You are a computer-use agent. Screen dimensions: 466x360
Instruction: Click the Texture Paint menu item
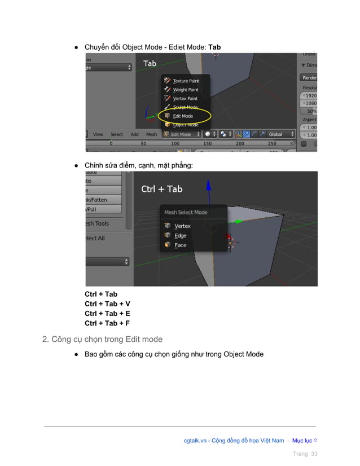coord(185,81)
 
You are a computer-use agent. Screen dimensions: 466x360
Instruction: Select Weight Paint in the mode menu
coord(185,90)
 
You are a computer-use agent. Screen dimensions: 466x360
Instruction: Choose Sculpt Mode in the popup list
coord(185,107)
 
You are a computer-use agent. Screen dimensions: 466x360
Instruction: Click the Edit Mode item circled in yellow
coord(182,116)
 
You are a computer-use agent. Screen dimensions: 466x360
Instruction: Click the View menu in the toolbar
coord(98,134)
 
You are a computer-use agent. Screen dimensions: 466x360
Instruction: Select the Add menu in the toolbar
coord(135,134)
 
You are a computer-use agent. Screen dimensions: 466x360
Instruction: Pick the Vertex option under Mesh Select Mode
coord(182,226)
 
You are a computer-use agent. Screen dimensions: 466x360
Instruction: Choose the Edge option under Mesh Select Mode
coord(180,236)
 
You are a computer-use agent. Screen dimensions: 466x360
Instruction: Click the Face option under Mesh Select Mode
coord(180,245)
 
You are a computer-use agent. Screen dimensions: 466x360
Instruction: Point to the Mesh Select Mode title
coord(185,213)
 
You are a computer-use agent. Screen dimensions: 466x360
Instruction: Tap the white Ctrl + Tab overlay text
coord(161,189)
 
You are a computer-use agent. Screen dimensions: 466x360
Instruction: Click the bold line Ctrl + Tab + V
coord(107,304)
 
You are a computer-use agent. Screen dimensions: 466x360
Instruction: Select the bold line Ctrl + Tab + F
coord(107,323)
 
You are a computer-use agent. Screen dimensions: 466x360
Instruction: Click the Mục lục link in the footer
coord(304,441)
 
